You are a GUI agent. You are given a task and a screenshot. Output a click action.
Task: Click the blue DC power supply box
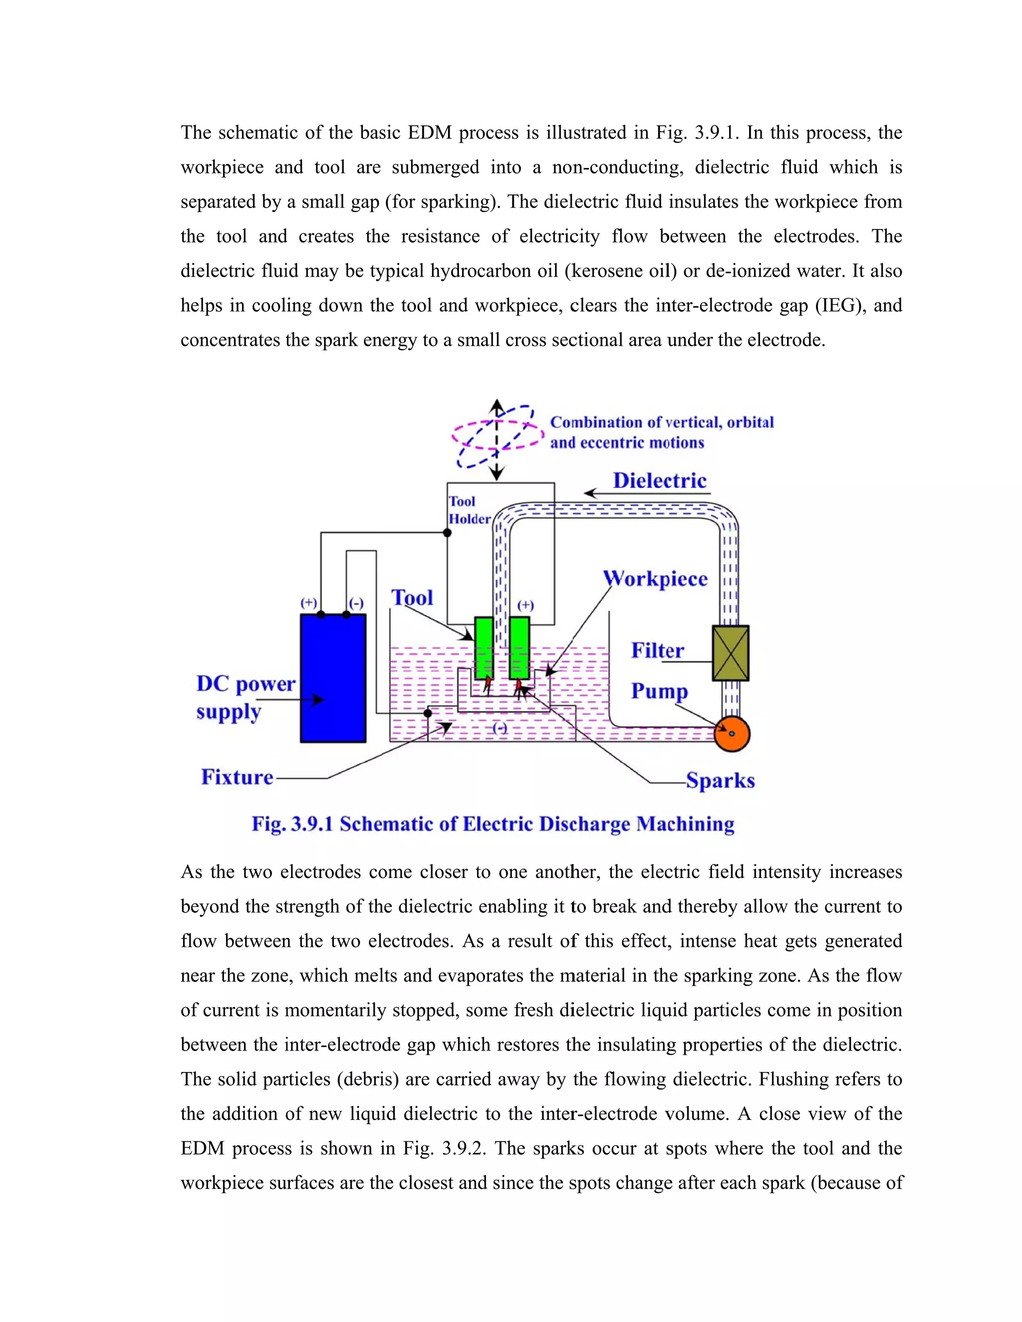333,678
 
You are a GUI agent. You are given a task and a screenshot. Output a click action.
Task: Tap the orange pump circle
732,734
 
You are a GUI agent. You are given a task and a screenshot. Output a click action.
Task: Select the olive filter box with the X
731,653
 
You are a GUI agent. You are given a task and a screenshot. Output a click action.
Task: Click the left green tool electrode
484,648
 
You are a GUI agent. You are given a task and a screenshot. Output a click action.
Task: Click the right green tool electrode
519,648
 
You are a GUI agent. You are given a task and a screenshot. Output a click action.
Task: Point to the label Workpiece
656,579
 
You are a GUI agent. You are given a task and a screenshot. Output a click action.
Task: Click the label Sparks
721,781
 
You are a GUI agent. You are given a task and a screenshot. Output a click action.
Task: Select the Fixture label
238,777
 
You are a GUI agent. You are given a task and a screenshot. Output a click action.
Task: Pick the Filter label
658,651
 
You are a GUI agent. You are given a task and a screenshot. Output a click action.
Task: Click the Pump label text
659,691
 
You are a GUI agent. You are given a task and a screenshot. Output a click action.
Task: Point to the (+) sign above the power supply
309,603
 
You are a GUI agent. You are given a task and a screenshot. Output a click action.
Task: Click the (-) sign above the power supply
356,604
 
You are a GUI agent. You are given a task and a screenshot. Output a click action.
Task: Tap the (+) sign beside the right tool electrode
525,605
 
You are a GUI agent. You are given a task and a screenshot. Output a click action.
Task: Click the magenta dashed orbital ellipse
459,430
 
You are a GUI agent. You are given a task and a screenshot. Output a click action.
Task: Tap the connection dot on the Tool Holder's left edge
448,533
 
